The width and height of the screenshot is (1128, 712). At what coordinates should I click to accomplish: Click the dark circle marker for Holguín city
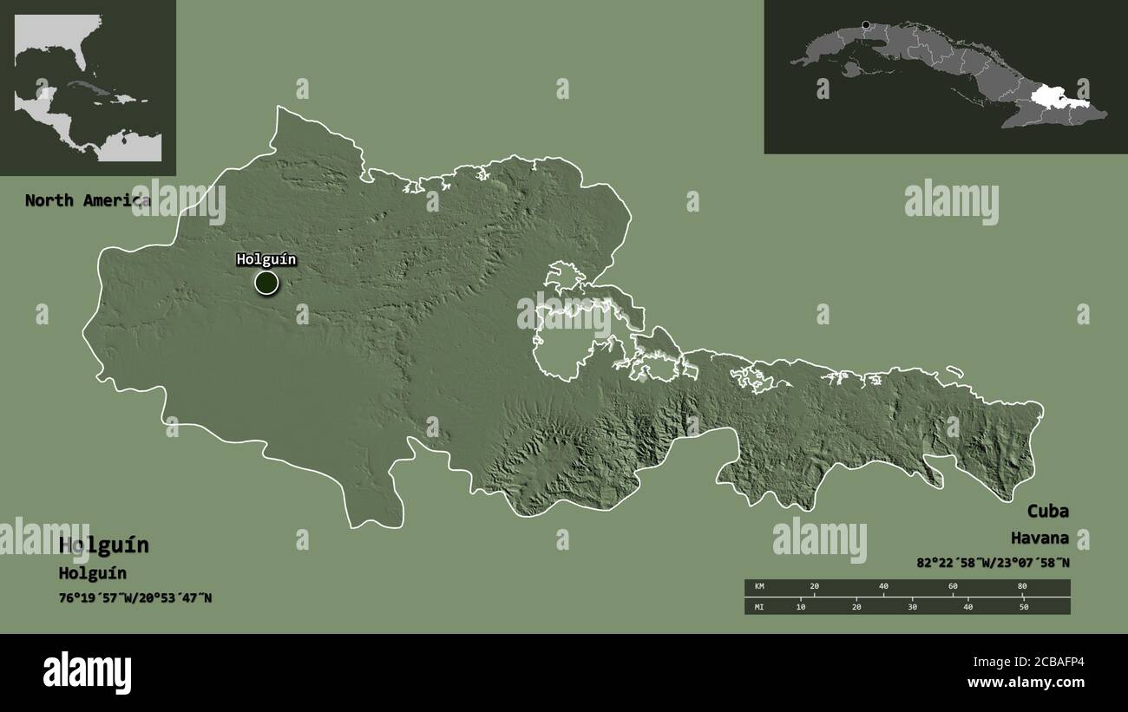click(x=266, y=282)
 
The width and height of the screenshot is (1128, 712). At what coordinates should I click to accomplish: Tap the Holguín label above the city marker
click(x=266, y=259)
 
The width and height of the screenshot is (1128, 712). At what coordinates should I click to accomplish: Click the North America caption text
click(x=87, y=200)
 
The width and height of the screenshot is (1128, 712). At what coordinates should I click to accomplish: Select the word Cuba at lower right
click(x=1048, y=510)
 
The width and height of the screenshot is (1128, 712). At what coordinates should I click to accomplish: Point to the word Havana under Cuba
click(x=1039, y=539)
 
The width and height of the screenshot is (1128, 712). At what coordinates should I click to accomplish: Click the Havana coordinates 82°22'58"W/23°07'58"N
click(x=993, y=562)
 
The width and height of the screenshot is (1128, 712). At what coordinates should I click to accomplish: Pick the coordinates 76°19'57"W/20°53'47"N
click(x=135, y=598)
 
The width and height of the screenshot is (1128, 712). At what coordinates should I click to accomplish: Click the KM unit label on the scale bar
click(x=758, y=587)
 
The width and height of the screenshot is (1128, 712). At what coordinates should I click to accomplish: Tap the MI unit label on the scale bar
click(x=758, y=606)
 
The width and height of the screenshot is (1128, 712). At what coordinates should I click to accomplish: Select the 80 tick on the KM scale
click(x=1022, y=587)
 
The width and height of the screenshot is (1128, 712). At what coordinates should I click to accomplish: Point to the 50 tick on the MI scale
click(x=1024, y=606)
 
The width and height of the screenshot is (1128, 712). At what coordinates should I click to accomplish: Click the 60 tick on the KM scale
click(x=953, y=587)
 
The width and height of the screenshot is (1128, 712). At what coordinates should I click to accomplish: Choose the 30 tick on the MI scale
click(x=912, y=606)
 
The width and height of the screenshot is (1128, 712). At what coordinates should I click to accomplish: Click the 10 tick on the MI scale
click(x=801, y=606)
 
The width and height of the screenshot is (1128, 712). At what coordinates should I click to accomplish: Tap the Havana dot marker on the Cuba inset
click(x=865, y=25)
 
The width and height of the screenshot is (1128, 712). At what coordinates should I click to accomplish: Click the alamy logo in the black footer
click(x=87, y=672)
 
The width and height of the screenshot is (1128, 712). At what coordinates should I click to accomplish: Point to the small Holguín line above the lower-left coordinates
click(x=92, y=573)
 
